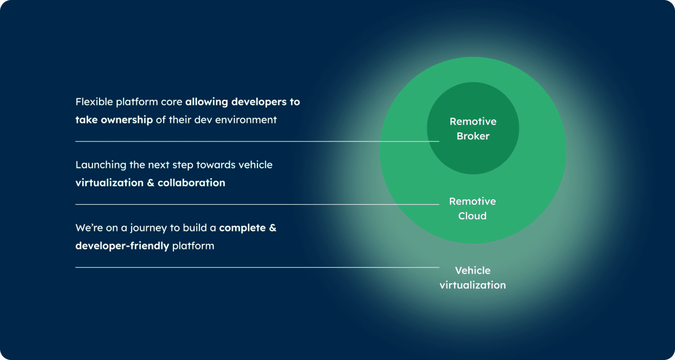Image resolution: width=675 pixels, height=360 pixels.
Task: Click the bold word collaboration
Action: click(x=191, y=183)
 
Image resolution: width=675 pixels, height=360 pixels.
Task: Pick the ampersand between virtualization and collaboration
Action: click(x=150, y=183)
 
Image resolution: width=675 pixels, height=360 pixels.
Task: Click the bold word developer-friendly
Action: click(x=122, y=246)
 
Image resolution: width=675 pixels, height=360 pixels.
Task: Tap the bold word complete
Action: click(x=242, y=228)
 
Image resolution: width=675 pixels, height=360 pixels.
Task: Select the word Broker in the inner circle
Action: click(x=473, y=136)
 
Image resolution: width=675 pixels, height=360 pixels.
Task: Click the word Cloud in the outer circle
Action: click(x=472, y=216)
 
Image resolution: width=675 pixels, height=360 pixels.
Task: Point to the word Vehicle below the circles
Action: click(x=472, y=270)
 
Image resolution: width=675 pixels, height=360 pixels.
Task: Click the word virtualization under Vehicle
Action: click(x=472, y=285)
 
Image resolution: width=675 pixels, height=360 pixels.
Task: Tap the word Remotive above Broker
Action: click(x=473, y=121)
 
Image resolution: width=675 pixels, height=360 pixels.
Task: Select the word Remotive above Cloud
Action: click(x=472, y=201)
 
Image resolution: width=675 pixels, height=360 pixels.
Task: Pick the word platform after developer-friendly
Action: click(x=193, y=246)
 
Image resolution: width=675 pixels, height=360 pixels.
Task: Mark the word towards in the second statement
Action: click(x=216, y=165)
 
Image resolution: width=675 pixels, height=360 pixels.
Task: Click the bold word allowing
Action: click(x=207, y=102)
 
